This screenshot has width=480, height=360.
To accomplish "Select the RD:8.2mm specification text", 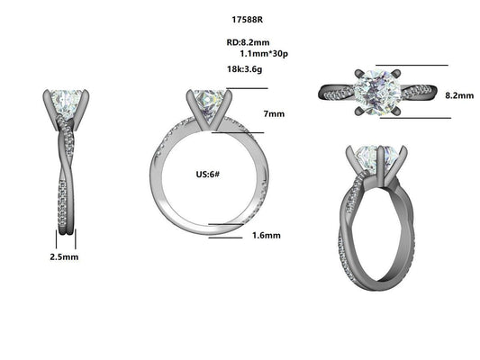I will (x=247, y=42).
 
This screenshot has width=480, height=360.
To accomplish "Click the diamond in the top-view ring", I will (x=374, y=90).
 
